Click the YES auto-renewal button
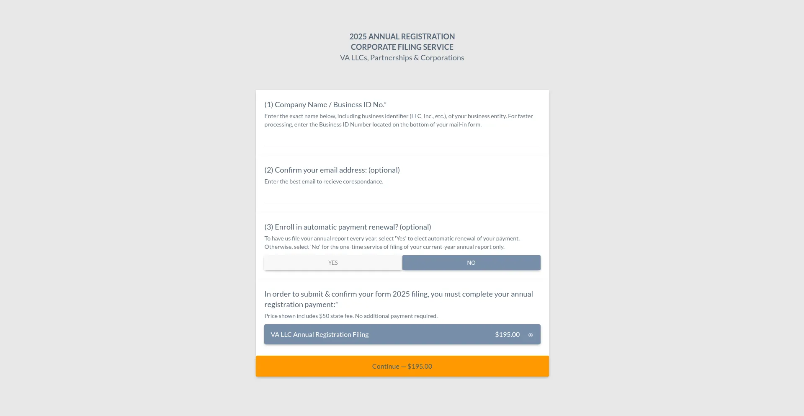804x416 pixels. coord(333,263)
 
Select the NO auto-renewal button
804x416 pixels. coord(471,263)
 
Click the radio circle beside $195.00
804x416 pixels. coord(531,335)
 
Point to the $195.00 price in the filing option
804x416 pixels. coord(507,334)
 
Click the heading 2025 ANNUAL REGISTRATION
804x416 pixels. coord(402,36)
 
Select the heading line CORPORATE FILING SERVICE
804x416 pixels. coord(402,47)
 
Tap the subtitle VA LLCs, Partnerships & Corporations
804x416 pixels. coord(402,58)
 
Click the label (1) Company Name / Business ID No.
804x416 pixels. coord(325,105)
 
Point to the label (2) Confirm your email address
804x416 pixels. coord(332,170)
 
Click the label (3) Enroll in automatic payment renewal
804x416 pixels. coord(347,227)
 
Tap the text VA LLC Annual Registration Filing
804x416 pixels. coord(320,334)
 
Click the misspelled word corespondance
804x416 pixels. coord(363,181)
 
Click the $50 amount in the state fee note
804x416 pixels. coord(324,316)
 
